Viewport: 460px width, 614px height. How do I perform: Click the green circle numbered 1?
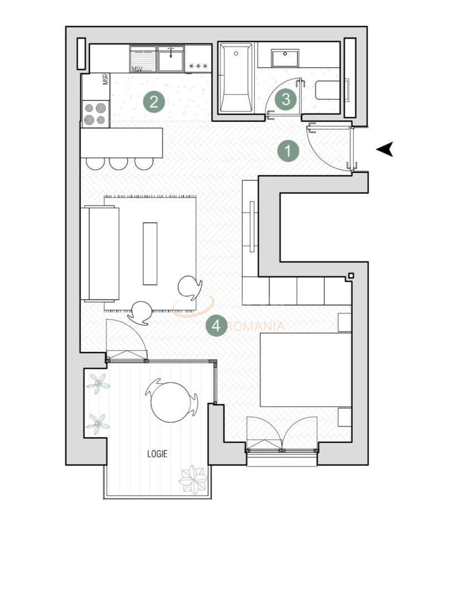point(288,150)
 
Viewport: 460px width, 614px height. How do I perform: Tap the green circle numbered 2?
point(154,102)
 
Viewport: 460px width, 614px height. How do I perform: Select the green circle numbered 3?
point(286,100)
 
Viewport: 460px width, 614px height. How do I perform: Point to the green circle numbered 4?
point(216,325)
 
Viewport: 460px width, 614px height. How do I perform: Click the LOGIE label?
point(157,454)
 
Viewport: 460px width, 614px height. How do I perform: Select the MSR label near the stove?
point(105,80)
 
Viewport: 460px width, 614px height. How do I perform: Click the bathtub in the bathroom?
point(235,78)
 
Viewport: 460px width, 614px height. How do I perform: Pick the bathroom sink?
point(286,58)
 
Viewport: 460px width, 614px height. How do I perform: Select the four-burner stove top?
point(95,114)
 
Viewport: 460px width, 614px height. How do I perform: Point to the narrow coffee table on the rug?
point(150,254)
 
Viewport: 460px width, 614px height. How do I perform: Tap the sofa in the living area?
point(101,253)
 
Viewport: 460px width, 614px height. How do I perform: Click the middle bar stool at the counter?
point(118,162)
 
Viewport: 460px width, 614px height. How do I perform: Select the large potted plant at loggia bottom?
point(193,479)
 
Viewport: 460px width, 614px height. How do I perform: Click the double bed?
point(305,370)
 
